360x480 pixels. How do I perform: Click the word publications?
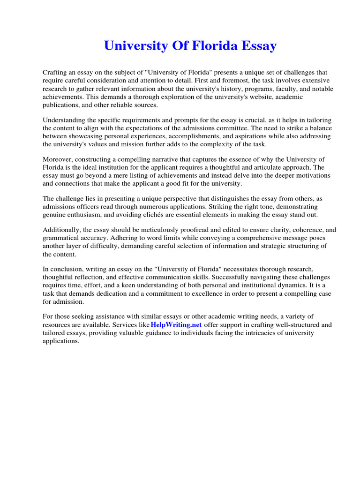(x=62, y=105)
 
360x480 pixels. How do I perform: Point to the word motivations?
(x=312, y=175)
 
